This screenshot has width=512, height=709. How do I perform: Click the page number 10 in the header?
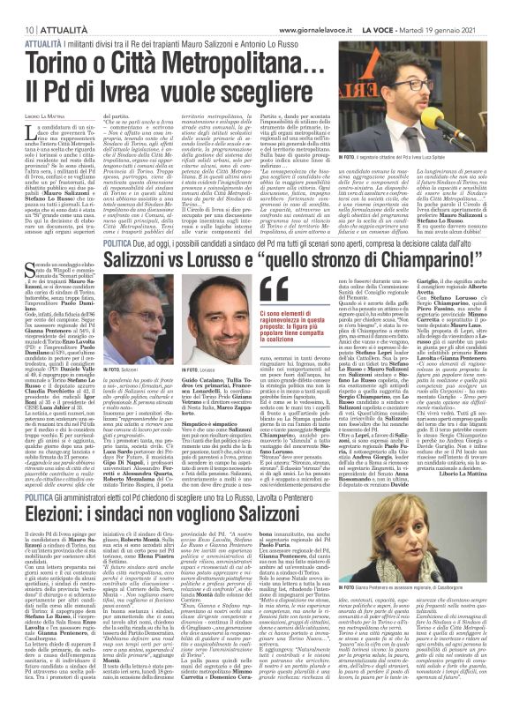[x=18, y=6]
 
